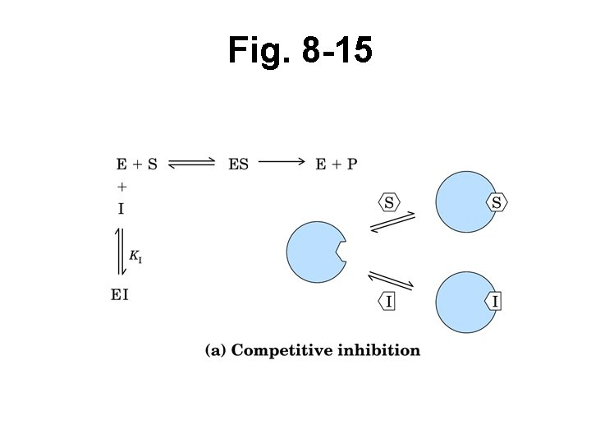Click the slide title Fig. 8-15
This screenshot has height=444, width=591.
click(x=300, y=51)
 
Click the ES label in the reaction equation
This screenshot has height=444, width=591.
click(x=238, y=164)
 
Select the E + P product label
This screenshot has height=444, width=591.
click(x=337, y=164)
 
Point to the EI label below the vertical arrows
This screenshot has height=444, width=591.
click(x=120, y=294)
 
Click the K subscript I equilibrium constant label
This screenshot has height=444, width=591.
click(x=136, y=257)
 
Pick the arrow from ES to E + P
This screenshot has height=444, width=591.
click(x=282, y=162)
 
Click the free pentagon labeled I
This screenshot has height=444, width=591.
click(x=388, y=302)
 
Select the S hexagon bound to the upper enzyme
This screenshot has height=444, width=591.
click(x=497, y=201)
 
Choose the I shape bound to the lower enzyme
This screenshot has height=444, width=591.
click(x=494, y=302)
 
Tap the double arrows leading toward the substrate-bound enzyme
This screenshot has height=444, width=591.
click(x=392, y=223)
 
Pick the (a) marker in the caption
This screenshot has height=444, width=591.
click(x=215, y=351)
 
